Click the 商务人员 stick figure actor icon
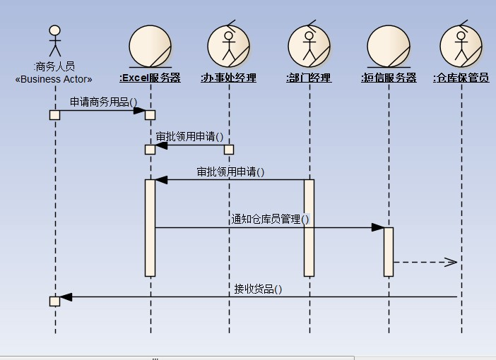coord(54,41)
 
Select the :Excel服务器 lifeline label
coord(150,78)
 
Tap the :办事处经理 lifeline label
coord(228,78)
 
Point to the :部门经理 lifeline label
coord(309,78)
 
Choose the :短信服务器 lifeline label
coord(389,78)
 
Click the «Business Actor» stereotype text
coord(54,80)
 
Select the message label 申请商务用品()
coord(103,102)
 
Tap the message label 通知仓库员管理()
coord(271,219)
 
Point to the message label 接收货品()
coord(258,288)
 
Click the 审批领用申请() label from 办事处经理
coord(189,136)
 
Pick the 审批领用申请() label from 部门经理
coord(230,171)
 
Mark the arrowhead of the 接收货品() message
coord(66,297)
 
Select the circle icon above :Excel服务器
coord(150,45)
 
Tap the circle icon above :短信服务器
coord(389,45)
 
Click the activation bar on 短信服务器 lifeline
coord(389,251)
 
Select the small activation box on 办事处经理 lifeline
coord(229,150)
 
